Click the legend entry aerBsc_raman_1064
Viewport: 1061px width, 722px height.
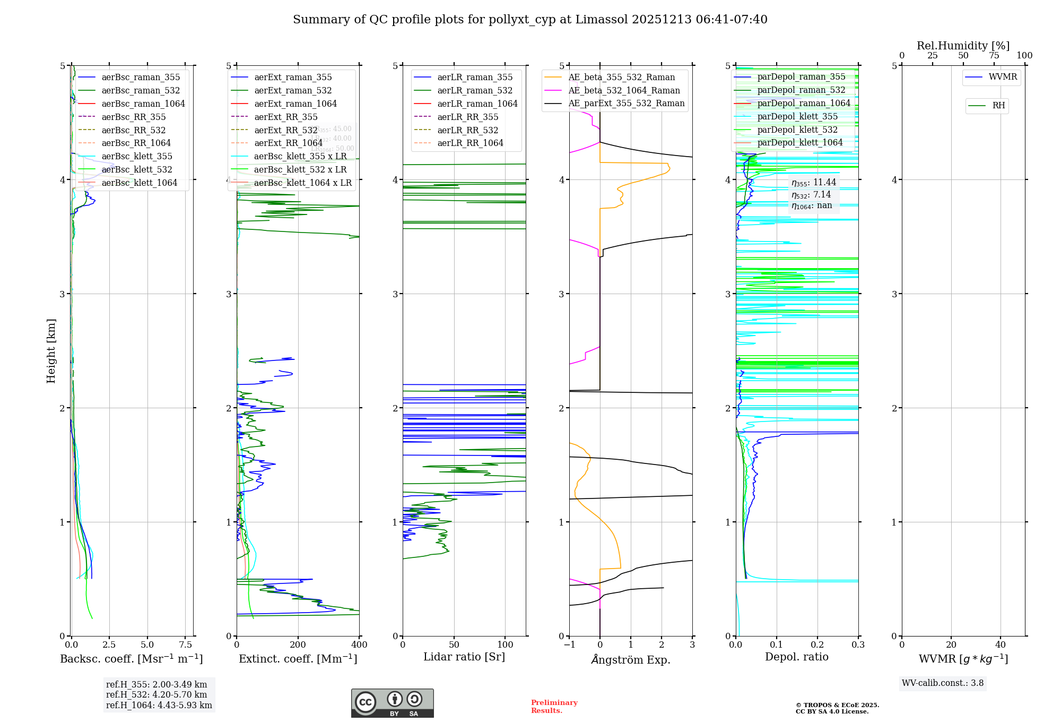coord(143,104)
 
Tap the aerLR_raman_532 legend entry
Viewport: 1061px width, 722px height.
coord(475,90)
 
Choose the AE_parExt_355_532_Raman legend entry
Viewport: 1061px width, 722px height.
coord(626,104)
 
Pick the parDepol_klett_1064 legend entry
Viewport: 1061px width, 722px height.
coord(799,143)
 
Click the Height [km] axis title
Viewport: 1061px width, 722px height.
coord(51,351)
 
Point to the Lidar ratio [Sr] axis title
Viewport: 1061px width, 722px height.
coord(464,657)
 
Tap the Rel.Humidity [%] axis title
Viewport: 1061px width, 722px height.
coord(963,46)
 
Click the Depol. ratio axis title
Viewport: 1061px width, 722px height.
coord(796,657)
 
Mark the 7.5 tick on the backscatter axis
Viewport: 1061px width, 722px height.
coord(186,645)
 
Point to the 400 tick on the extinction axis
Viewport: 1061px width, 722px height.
coord(360,645)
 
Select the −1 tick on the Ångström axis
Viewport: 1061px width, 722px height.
coord(569,645)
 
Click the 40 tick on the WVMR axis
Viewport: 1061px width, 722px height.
coord(1001,645)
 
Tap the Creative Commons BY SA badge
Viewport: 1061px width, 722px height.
coord(392,703)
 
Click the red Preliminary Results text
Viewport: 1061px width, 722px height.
coord(554,707)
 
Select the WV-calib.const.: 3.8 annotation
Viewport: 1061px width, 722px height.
coord(943,683)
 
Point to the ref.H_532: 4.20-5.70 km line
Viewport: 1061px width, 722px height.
coord(156,695)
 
